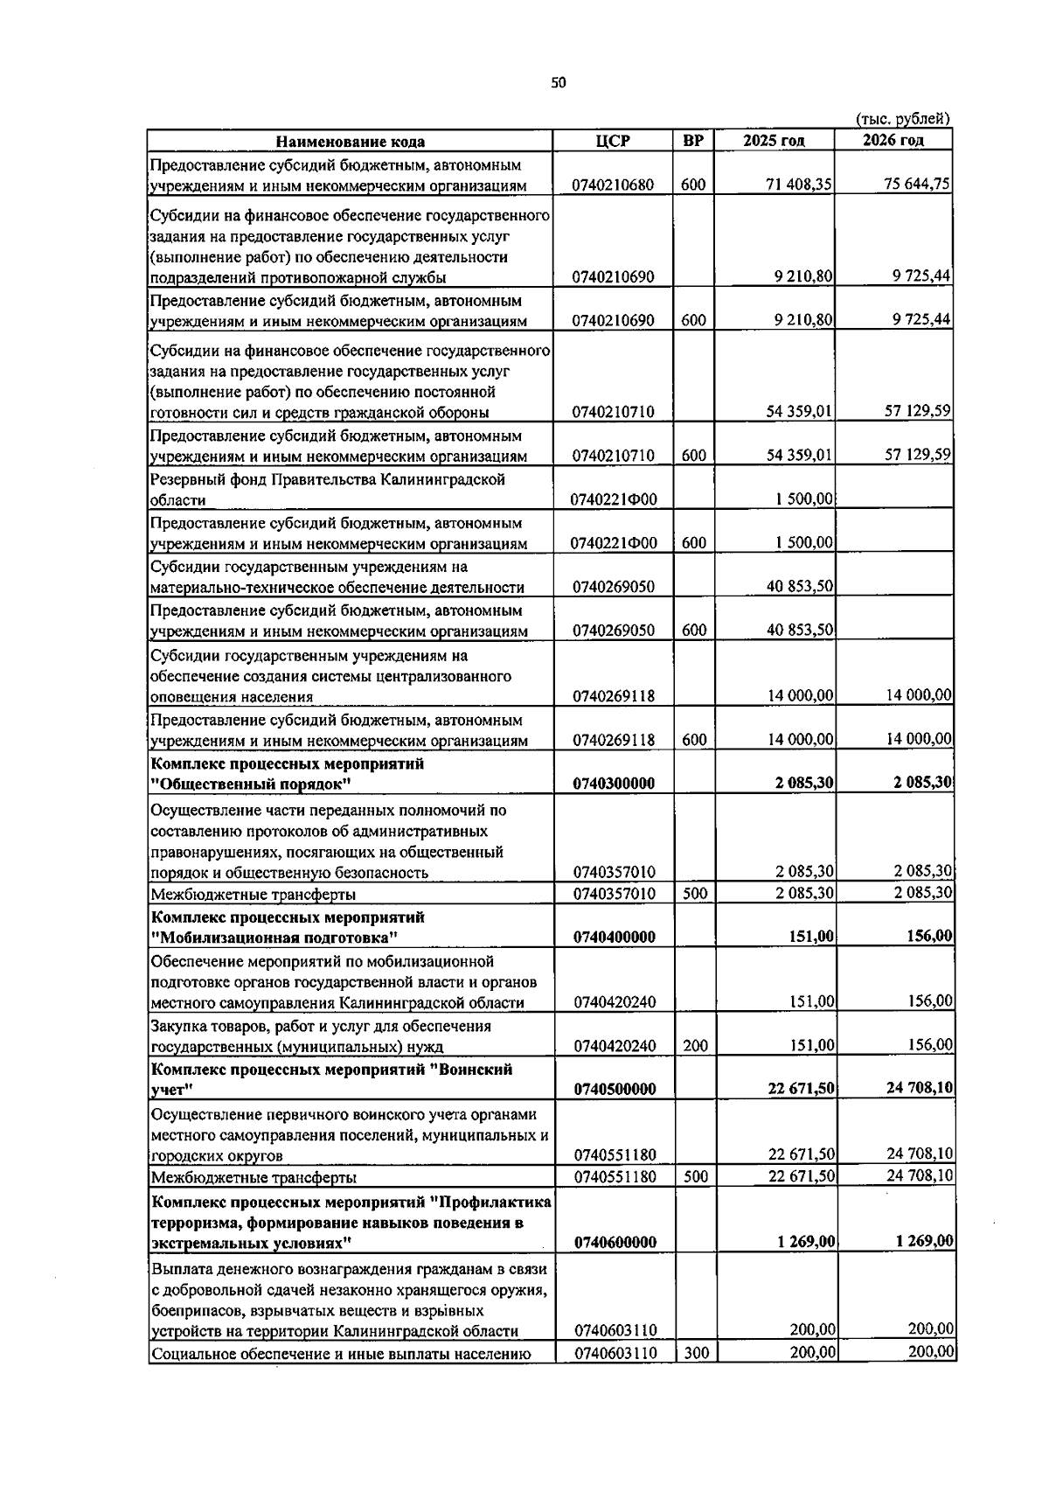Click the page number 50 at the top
[559, 83]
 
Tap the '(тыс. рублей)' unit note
[902, 119]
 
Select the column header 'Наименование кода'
[351, 142]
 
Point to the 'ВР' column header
[693, 141]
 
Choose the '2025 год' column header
[774, 141]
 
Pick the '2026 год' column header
[893, 141]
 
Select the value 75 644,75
[917, 184]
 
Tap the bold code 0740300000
[614, 784]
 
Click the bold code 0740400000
[614, 937]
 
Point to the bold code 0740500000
[614, 1089]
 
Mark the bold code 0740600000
[615, 1242]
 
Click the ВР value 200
[695, 1046]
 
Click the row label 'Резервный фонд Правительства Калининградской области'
[328, 490]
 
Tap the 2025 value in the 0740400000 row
[811, 937]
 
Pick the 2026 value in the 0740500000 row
[919, 1089]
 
